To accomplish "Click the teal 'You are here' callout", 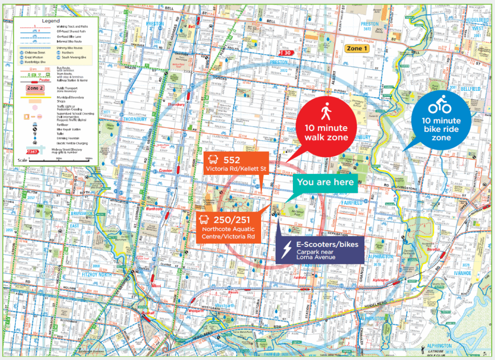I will (326, 182).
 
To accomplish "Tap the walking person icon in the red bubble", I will (325, 112).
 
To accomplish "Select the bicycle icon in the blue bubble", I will (439, 106).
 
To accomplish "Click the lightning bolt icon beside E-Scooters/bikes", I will (287, 249).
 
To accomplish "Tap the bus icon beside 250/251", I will (204, 220).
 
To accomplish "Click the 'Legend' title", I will (49, 21).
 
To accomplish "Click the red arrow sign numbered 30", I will (286, 52).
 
